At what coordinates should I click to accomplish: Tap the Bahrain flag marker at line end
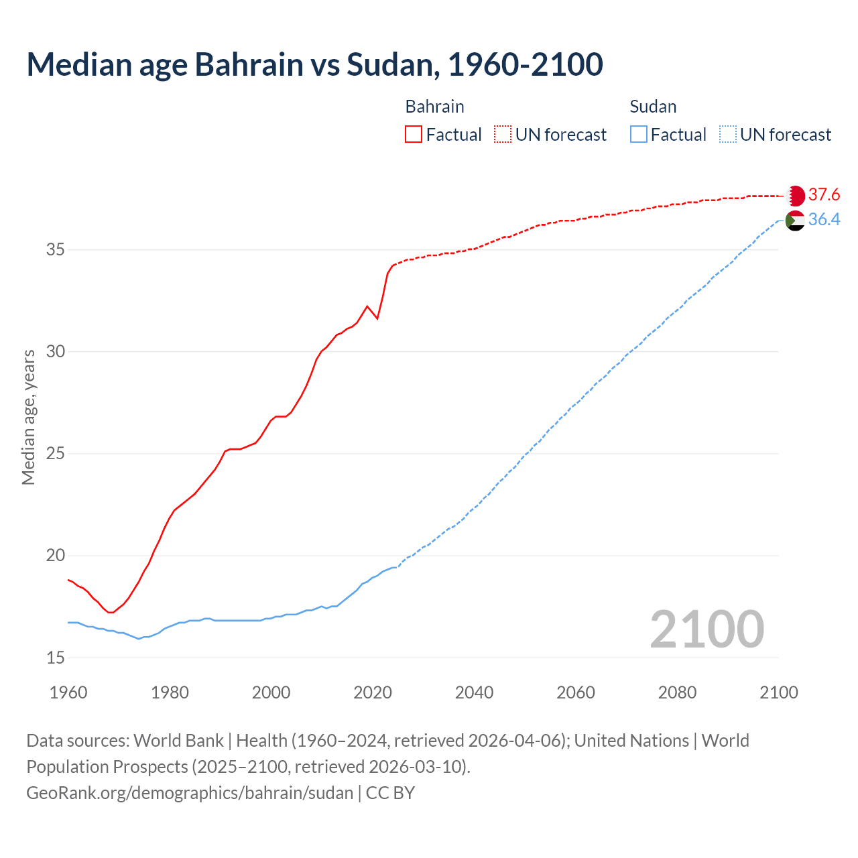point(795,196)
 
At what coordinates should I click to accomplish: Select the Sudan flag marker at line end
point(795,220)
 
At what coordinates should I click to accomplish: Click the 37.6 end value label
point(824,195)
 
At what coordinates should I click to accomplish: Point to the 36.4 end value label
point(824,220)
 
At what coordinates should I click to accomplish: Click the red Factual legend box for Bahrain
point(414,135)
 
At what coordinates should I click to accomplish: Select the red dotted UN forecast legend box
point(503,135)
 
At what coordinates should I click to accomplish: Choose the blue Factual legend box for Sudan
point(639,135)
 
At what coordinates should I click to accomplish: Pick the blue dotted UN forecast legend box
point(727,135)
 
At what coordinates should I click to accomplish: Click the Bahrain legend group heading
point(434,107)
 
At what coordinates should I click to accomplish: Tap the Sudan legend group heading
point(653,107)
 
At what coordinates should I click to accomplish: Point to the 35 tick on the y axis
point(56,250)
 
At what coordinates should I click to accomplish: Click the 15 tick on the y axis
point(56,658)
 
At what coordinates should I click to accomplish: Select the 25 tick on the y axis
point(56,454)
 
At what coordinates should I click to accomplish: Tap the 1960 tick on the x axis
point(68,692)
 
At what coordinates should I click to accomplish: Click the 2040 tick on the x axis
point(474,692)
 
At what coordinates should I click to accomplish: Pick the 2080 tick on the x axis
point(677,692)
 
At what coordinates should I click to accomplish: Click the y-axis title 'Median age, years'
point(28,417)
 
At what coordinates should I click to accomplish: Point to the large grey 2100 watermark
point(707,629)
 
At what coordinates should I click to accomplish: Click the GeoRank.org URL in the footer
point(190,793)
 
